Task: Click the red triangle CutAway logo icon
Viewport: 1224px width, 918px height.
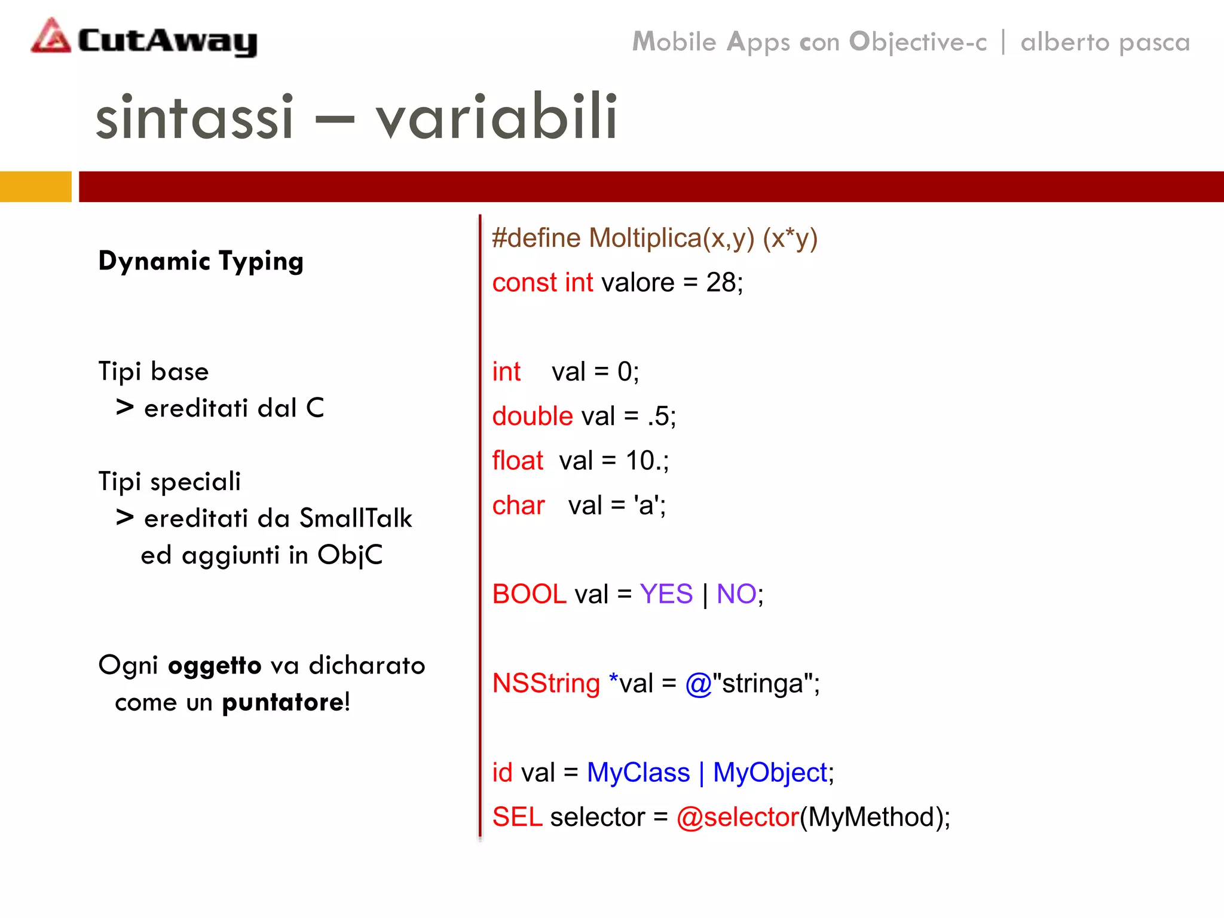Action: pyautogui.click(x=51, y=37)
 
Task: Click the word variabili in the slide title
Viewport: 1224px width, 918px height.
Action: pyautogui.click(x=497, y=117)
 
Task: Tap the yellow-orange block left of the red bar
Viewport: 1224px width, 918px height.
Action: pyautogui.click(x=35, y=186)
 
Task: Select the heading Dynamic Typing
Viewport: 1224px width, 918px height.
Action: pyautogui.click(x=201, y=261)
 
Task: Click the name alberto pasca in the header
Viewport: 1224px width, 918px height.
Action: pyautogui.click(x=1105, y=42)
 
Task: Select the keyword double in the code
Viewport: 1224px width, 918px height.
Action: pyautogui.click(x=533, y=416)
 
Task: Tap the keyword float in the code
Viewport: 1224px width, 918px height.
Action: pyautogui.click(x=518, y=461)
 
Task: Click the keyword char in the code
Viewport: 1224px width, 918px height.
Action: pyautogui.click(x=518, y=506)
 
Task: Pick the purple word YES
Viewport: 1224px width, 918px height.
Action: pyautogui.click(x=666, y=594)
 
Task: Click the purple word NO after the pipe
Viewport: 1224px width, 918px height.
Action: pyautogui.click(x=736, y=594)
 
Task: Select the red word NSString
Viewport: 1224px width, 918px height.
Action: pyautogui.click(x=546, y=683)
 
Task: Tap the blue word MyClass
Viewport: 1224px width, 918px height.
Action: pyautogui.click(x=638, y=772)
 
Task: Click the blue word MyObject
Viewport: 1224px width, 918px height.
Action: pyautogui.click(x=770, y=772)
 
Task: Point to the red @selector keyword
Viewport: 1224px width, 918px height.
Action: pyautogui.click(x=738, y=817)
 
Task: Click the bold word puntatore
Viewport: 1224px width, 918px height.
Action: pyautogui.click(x=283, y=702)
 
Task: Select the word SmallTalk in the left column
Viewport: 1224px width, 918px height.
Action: pyautogui.click(x=356, y=518)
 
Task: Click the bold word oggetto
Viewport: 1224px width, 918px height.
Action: pyautogui.click(x=215, y=666)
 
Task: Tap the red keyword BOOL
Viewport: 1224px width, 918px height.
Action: pyautogui.click(x=529, y=594)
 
